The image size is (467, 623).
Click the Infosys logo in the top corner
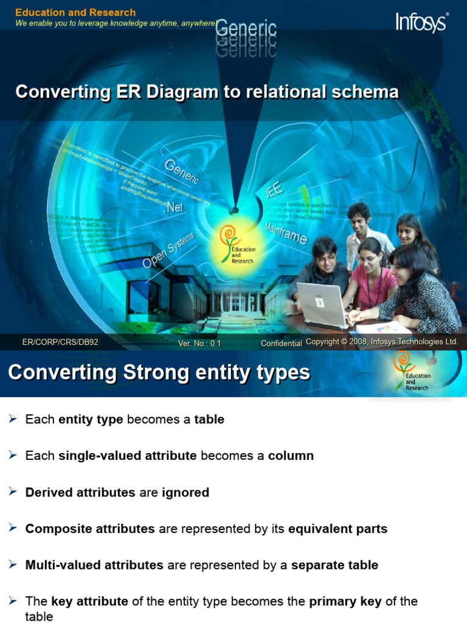(422, 22)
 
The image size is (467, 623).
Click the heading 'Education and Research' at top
(75, 12)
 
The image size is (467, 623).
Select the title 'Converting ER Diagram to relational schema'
(207, 92)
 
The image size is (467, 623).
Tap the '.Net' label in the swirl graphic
(173, 207)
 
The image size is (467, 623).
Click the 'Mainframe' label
(286, 234)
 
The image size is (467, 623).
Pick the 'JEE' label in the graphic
(274, 190)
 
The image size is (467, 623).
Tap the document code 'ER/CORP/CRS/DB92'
(60, 343)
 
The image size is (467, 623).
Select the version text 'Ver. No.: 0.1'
(199, 343)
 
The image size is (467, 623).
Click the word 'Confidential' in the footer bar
(281, 343)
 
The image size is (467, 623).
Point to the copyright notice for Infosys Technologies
(382, 342)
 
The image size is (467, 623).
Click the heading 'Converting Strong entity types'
(159, 372)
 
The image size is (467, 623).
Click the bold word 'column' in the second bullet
(291, 456)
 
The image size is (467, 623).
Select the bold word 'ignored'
(185, 492)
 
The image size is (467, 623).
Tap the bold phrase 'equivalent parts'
(337, 529)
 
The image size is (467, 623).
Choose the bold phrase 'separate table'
(334, 565)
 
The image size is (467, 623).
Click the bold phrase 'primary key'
(345, 602)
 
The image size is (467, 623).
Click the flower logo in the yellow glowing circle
(229, 237)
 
